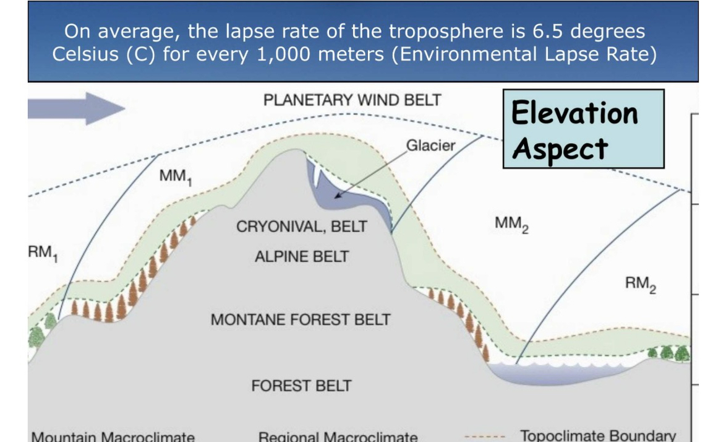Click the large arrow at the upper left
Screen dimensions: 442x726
(77, 108)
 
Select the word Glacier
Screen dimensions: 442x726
(430, 146)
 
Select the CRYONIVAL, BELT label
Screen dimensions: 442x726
(302, 227)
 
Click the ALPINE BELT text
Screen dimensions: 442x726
(302, 256)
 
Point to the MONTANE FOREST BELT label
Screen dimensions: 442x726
(301, 320)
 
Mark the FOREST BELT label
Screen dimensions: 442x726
(301, 386)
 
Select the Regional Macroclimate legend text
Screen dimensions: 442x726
(338, 437)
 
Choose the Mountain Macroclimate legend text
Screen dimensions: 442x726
(113, 437)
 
